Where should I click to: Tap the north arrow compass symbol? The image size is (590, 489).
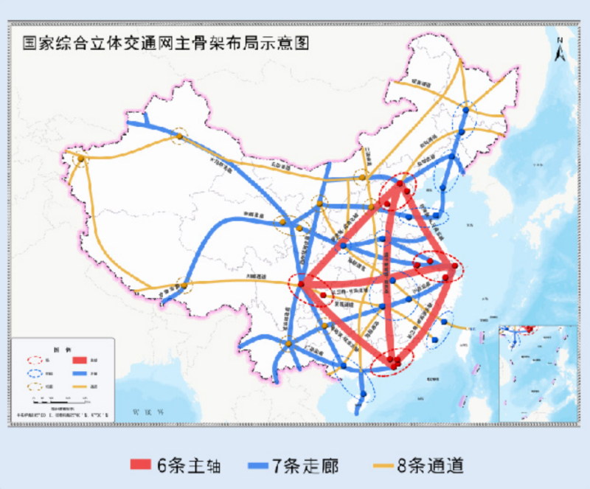pyautogui.click(x=560, y=49)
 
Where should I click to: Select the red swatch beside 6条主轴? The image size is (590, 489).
pyautogui.click(x=140, y=465)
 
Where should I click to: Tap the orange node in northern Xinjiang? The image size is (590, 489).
pyautogui.click(x=178, y=136)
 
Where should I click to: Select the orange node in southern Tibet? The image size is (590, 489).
pyautogui.click(x=184, y=285)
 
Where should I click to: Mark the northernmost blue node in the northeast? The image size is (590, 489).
pyautogui.click(x=466, y=109)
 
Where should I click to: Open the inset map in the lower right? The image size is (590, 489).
pyautogui.click(x=537, y=372)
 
